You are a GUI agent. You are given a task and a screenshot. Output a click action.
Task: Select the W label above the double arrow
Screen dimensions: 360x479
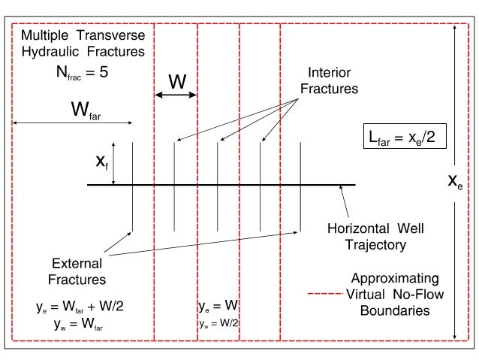click(176, 81)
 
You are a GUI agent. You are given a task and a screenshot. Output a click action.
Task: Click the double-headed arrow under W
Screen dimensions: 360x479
click(176, 95)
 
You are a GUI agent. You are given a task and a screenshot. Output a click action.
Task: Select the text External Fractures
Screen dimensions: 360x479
click(77, 272)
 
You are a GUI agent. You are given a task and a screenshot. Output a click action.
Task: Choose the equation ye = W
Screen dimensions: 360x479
click(218, 307)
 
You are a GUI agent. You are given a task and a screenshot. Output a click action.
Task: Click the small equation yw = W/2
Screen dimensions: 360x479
click(218, 323)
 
